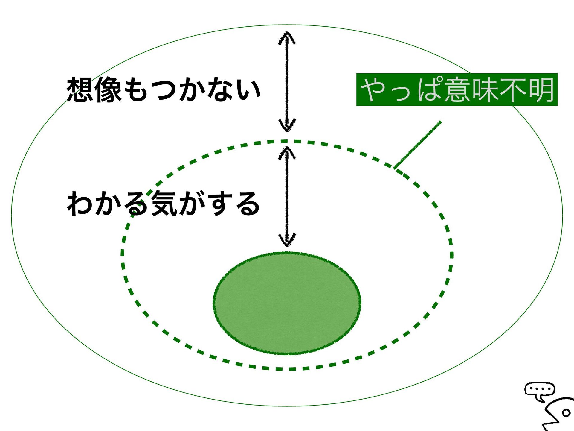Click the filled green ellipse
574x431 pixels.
click(287, 303)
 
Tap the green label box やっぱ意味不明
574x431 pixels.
click(457, 89)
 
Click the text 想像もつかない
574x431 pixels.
click(164, 89)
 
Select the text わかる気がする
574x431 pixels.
click(164, 204)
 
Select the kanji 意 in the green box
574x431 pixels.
click(457, 89)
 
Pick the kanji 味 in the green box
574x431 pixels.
click(485, 89)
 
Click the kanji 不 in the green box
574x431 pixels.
click(513, 89)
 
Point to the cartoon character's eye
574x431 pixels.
click(566, 413)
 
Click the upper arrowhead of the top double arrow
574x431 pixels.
click(287, 37)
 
